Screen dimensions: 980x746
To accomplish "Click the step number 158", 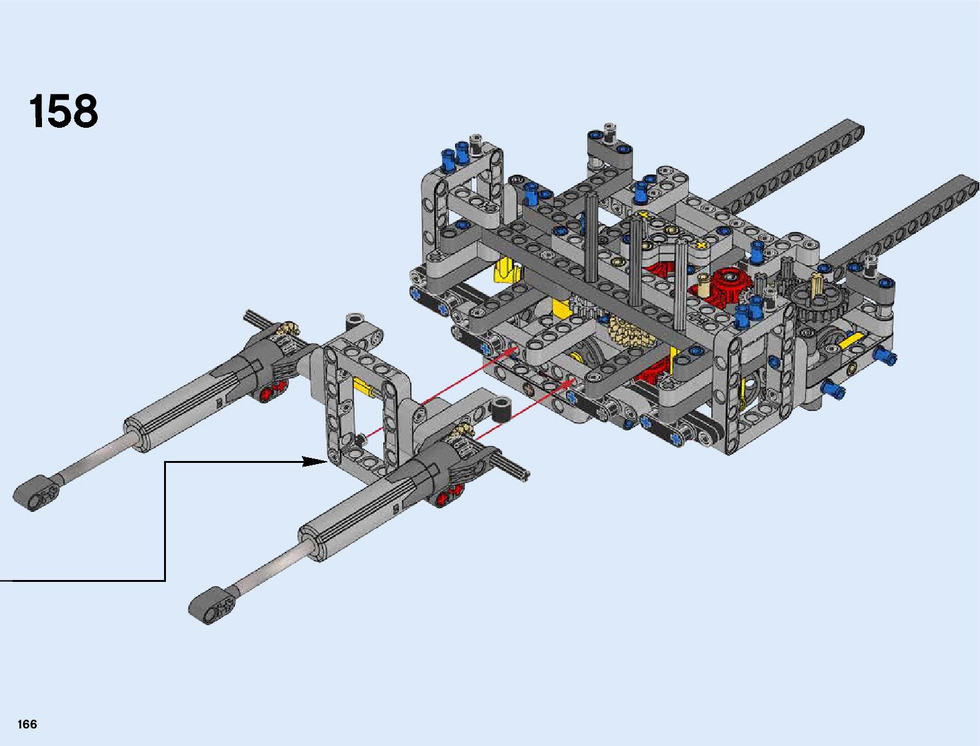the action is [63, 111].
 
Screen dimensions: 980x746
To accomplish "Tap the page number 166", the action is [27, 724].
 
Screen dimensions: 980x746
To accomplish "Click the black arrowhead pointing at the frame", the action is [315, 462].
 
